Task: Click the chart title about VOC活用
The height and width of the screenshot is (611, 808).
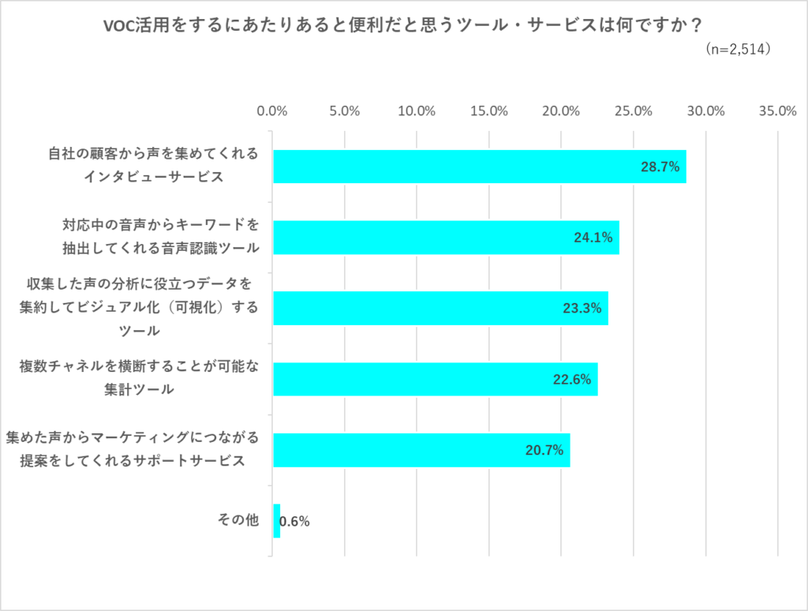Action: pos(403,25)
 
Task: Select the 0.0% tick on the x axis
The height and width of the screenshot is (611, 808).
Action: pos(273,111)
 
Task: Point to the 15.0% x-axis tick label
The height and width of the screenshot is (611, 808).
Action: pos(489,111)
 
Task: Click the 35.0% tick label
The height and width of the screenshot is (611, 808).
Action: pos(777,111)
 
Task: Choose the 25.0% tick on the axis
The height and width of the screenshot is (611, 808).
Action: pos(634,111)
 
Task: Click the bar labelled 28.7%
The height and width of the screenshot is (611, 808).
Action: pos(479,167)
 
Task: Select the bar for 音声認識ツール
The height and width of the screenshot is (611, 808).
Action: pos(446,237)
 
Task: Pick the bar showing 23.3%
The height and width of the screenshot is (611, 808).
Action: pos(440,308)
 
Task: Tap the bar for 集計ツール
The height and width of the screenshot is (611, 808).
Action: pos(435,379)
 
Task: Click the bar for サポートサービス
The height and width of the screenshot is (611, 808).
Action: pos(421,450)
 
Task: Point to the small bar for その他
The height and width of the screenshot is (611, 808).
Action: pos(277,521)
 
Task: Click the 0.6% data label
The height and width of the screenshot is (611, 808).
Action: pos(295,522)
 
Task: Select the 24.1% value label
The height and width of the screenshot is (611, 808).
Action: pos(593,238)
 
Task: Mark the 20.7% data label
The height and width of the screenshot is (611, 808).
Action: pos(544,451)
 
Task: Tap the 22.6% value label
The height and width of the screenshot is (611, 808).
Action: pos(571,380)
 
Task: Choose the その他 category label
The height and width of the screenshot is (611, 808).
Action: pos(238,521)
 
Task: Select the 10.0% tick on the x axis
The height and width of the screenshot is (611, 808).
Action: pos(417,111)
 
